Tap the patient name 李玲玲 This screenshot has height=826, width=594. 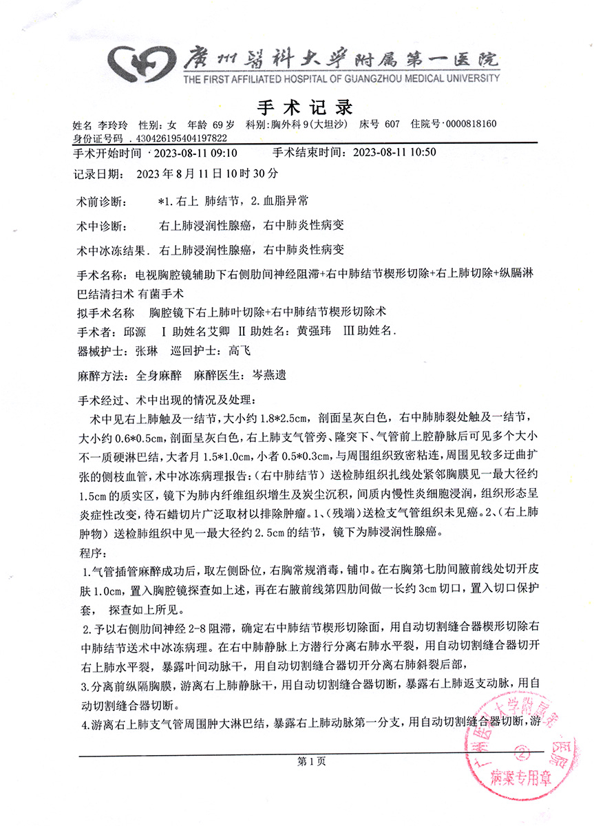coord(114,125)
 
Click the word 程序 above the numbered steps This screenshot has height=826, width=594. coord(91,551)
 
